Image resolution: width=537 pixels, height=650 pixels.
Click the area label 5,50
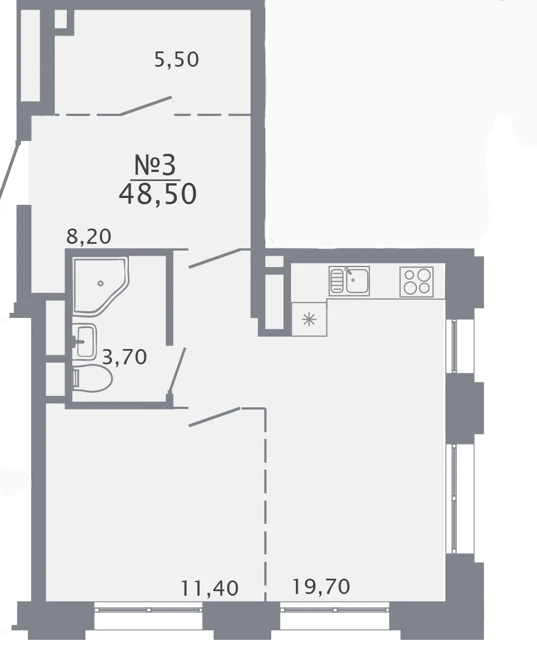click(x=177, y=59)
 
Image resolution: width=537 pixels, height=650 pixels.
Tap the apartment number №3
click(x=155, y=165)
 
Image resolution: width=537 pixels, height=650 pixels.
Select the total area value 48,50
click(x=157, y=194)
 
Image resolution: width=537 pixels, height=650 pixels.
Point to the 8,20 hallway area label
click(x=89, y=236)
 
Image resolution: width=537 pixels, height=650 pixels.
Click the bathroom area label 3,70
click(x=124, y=357)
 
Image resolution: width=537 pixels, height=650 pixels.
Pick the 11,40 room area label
click(x=209, y=588)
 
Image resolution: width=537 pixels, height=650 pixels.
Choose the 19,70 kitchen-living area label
click(x=321, y=587)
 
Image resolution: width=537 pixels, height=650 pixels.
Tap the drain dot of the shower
click(x=100, y=283)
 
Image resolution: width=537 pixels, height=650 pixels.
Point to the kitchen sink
click(x=349, y=281)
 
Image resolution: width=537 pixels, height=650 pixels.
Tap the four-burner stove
click(x=416, y=282)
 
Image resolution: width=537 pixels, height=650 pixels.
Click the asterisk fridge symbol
click(x=309, y=320)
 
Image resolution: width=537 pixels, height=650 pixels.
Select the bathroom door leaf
click(x=177, y=370)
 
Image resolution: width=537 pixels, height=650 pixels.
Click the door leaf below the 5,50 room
click(x=146, y=106)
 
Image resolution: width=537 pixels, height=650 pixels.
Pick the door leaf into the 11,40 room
click(x=215, y=417)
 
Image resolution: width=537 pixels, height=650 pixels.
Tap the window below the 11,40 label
click(x=148, y=609)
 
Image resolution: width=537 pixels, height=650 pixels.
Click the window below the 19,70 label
click(x=335, y=609)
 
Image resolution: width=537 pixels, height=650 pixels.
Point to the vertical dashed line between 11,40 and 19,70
click(x=265, y=504)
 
